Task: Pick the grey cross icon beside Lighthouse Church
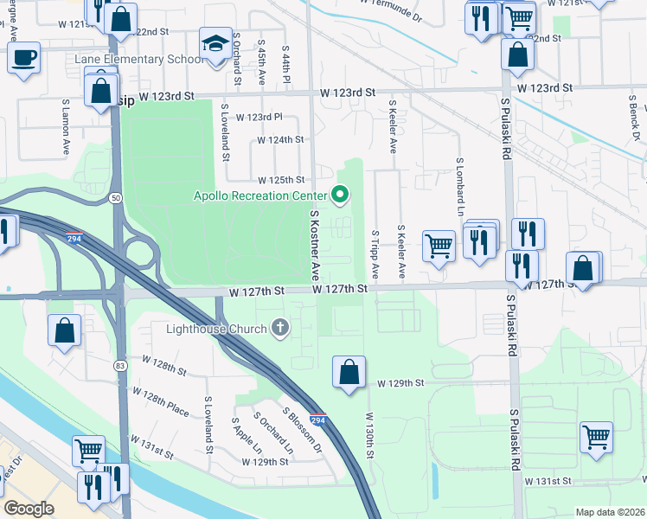coord(279,328)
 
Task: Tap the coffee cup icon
coord(23,58)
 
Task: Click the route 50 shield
coord(115,198)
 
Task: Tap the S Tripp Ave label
coord(375,253)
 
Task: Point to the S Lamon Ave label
coord(65,126)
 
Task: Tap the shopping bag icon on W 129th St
coord(349,373)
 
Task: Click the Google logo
coord(29,509)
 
